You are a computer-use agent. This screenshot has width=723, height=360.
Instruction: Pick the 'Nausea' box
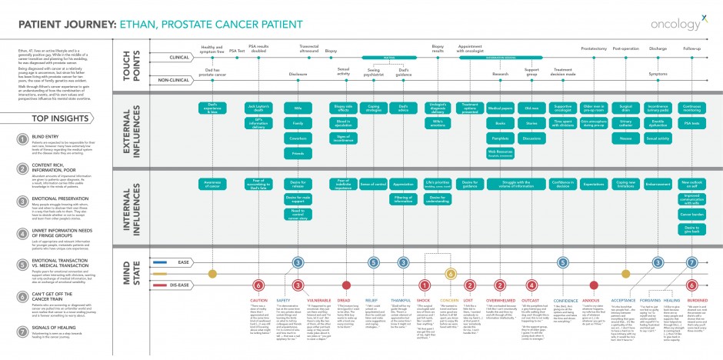click(x=626, y=139)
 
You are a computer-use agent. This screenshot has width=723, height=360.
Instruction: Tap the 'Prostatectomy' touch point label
click(x=594, y=48)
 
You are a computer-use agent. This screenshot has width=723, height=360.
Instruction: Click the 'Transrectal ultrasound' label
click(x=308, y=48)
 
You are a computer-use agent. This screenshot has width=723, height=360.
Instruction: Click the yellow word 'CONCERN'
click(x=450, y=300)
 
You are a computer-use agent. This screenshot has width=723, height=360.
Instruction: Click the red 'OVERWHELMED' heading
click(x=501, y=300)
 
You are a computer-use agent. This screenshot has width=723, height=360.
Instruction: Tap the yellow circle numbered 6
click(x=451, y=273)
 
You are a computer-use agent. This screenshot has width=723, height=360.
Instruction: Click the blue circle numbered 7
click(x=692, y=262)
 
